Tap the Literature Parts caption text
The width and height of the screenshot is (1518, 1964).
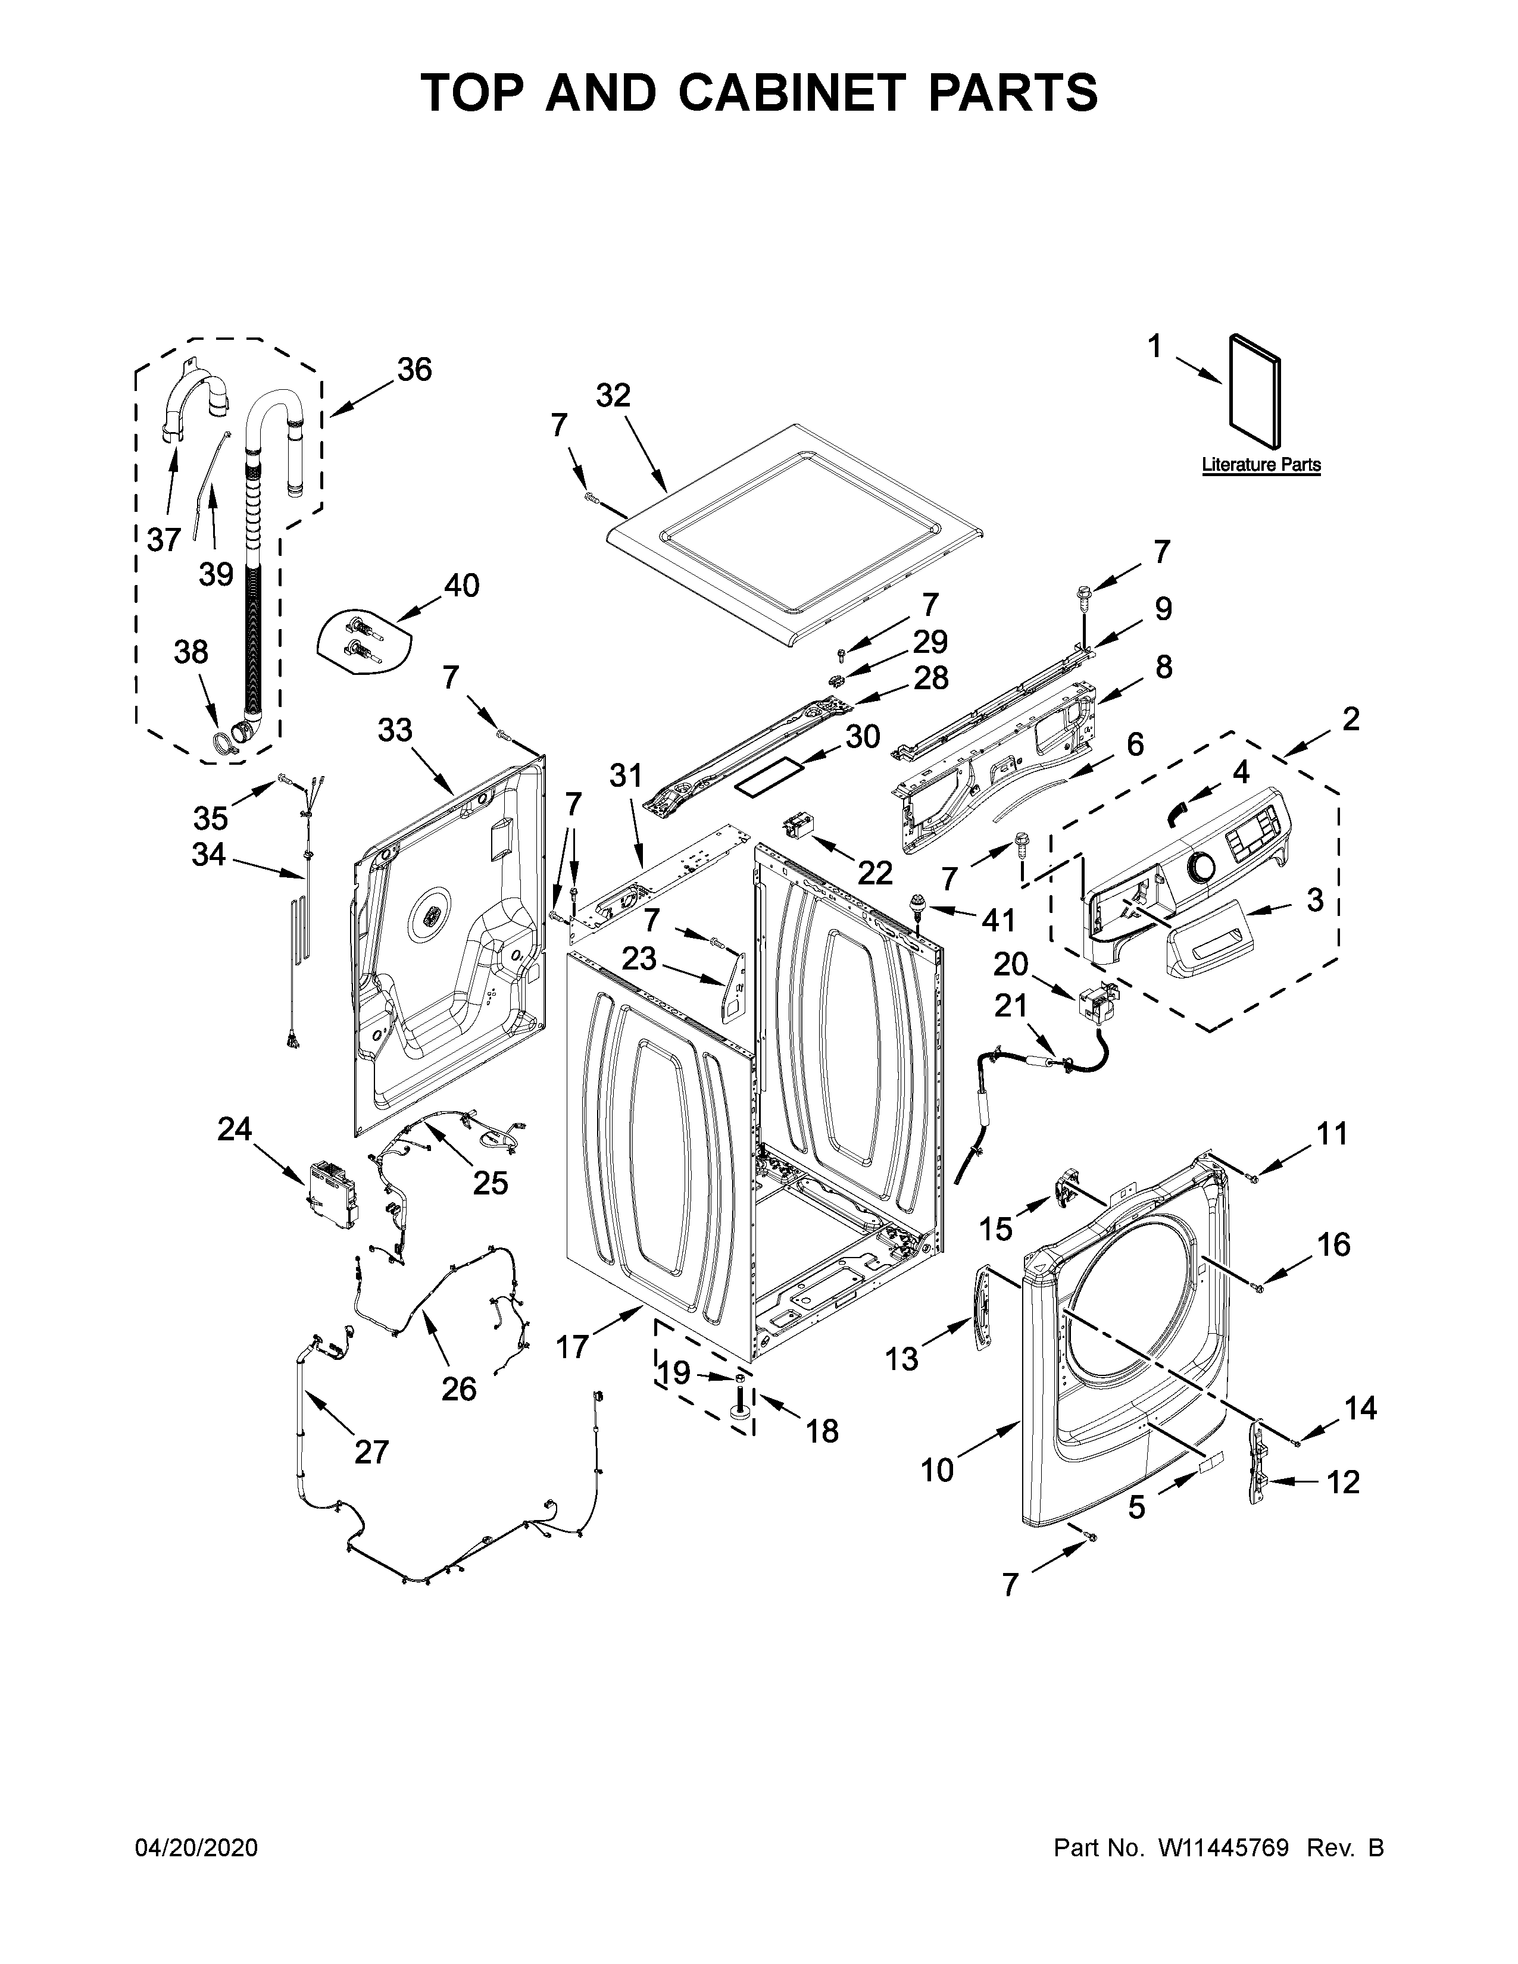1261,465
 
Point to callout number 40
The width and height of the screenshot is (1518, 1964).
461,586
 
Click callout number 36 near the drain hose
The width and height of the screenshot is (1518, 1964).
414,370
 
